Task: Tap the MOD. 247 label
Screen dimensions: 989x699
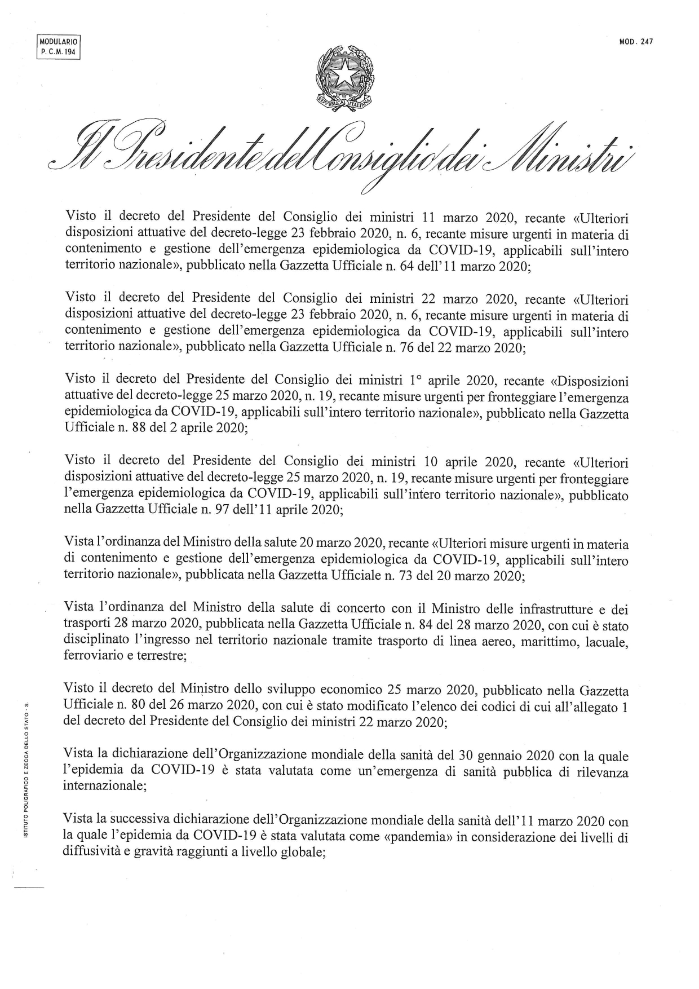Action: click(635, 41)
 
